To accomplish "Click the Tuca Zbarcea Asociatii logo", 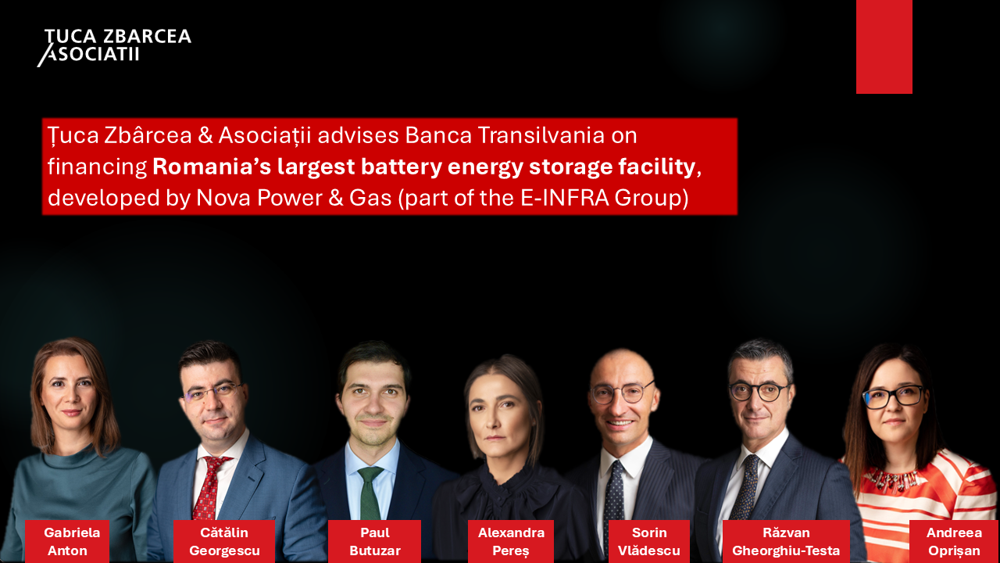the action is coord(114,48).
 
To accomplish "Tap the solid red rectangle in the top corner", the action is coord(884,46).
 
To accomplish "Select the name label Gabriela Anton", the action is coord(67,541).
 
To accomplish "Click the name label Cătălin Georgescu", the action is coord(224,541).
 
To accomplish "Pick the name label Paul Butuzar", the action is coord(374,541).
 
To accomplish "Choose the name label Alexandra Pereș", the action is coord(511,541).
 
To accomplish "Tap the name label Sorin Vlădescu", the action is coord(649,541).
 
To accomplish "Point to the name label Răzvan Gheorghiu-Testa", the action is coord(786,541).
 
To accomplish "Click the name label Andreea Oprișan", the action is coord(954,541).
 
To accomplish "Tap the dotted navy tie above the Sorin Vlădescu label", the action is coord(613,492).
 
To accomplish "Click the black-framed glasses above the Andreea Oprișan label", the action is coord(893,396).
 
